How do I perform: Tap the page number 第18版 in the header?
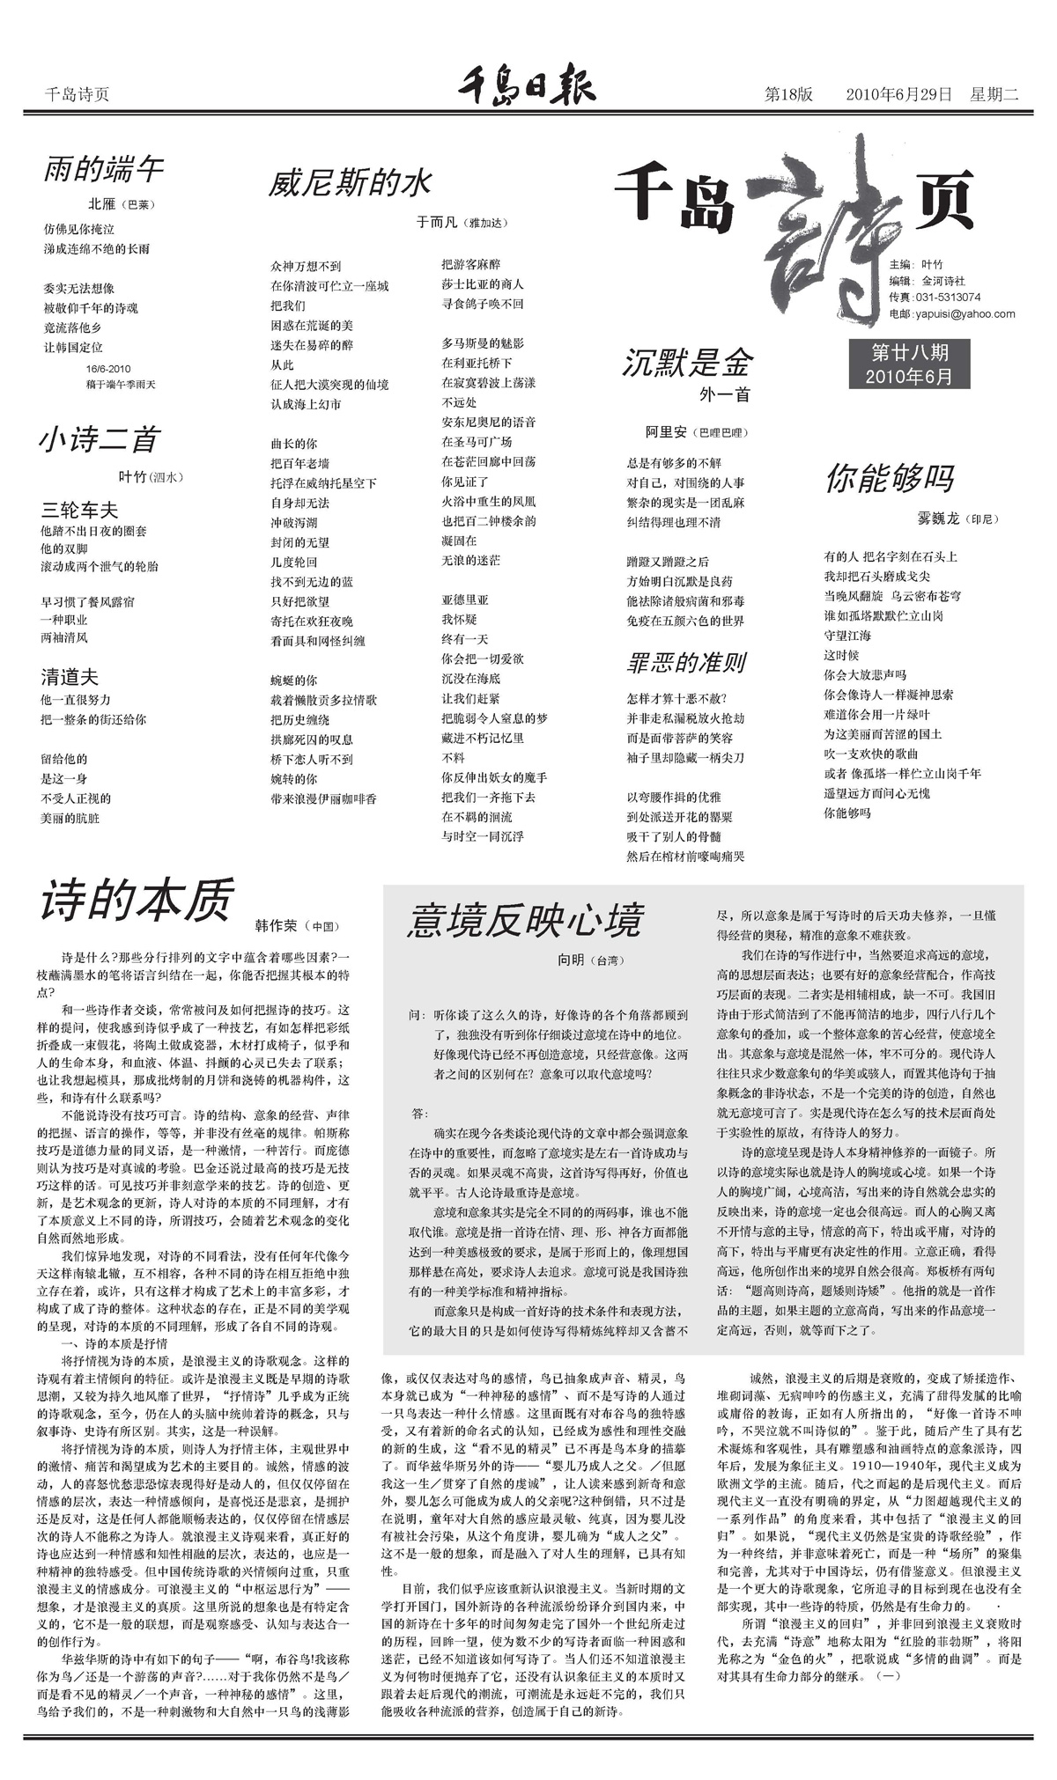coord(788,94)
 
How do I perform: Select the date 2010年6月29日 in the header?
coord(898,94)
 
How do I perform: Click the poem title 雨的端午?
coord(104,168)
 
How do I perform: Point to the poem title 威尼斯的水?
coord(350,182)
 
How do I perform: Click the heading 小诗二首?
coord(98,439)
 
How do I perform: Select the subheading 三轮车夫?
coord(79,510)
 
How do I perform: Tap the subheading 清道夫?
coord(70,677)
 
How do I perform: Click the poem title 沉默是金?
coord(687,362)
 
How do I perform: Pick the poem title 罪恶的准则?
coord(687,662)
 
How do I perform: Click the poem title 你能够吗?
coord(889,478)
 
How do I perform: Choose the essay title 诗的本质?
coord(137,900)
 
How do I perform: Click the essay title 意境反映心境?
coord(525,921)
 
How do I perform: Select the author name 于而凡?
coord(436,223)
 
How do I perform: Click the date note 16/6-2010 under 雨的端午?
coord(108,369)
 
